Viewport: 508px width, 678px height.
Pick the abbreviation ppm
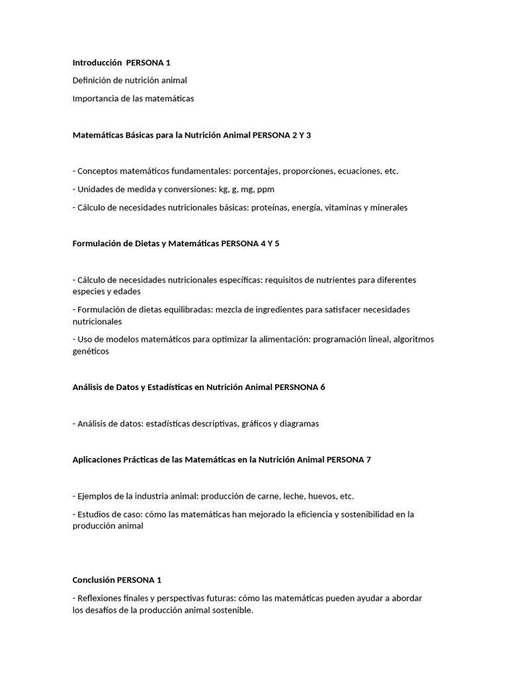click(266, 189)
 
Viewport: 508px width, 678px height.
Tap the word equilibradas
click(178, 309)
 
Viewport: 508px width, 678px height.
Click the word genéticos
click(91, 352)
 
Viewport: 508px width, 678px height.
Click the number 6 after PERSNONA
click(323, 387)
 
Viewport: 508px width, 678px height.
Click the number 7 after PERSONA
click(368, 460)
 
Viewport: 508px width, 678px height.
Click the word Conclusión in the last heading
click(93, 580)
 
